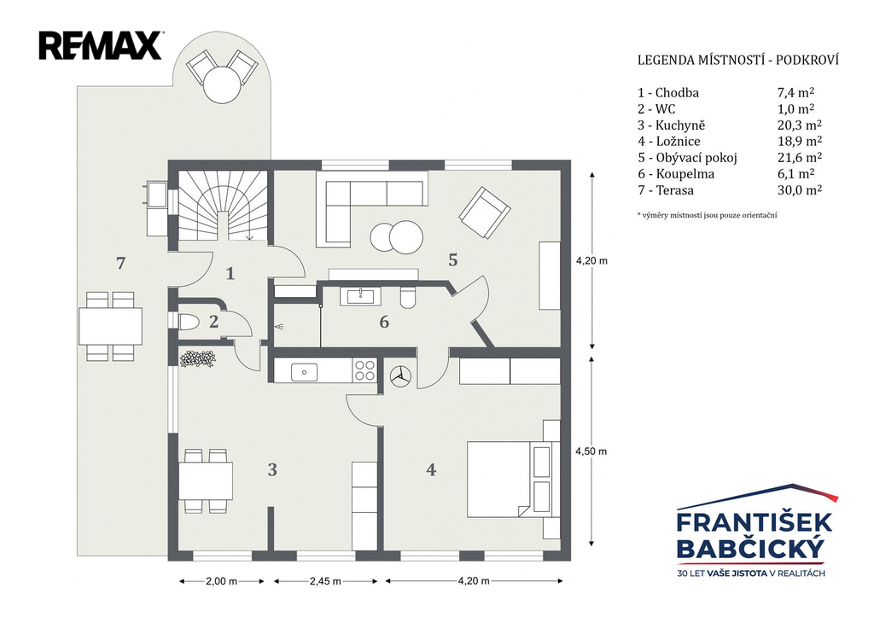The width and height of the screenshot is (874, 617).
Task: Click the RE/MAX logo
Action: [101, 46]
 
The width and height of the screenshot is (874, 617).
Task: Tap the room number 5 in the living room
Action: [452, 259]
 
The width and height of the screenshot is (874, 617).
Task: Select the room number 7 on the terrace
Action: [120, 263]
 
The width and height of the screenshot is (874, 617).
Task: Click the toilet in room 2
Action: [189, 322]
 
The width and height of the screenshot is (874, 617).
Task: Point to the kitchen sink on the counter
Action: [304, 372]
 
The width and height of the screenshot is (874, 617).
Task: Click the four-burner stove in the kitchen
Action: [365, 370]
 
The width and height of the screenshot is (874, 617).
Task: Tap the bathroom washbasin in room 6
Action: [360, 295]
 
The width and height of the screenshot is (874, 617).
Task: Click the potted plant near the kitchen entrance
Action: [197, 358]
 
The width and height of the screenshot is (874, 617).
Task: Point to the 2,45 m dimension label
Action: [325, 581]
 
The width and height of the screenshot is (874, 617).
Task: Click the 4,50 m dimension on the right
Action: [591, 451]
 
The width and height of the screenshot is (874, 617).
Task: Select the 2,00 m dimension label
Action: [221, 581]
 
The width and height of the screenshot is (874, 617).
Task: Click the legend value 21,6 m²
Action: [800, 158]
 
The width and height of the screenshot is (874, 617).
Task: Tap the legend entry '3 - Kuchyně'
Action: [671, 125]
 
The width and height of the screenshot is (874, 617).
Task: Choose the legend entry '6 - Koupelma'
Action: [676, 174]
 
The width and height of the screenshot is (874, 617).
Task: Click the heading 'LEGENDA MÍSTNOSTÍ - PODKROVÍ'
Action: [738, 61]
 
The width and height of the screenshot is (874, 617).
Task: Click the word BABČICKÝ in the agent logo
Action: [749, 549]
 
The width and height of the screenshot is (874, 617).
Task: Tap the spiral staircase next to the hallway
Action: [223, 205]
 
